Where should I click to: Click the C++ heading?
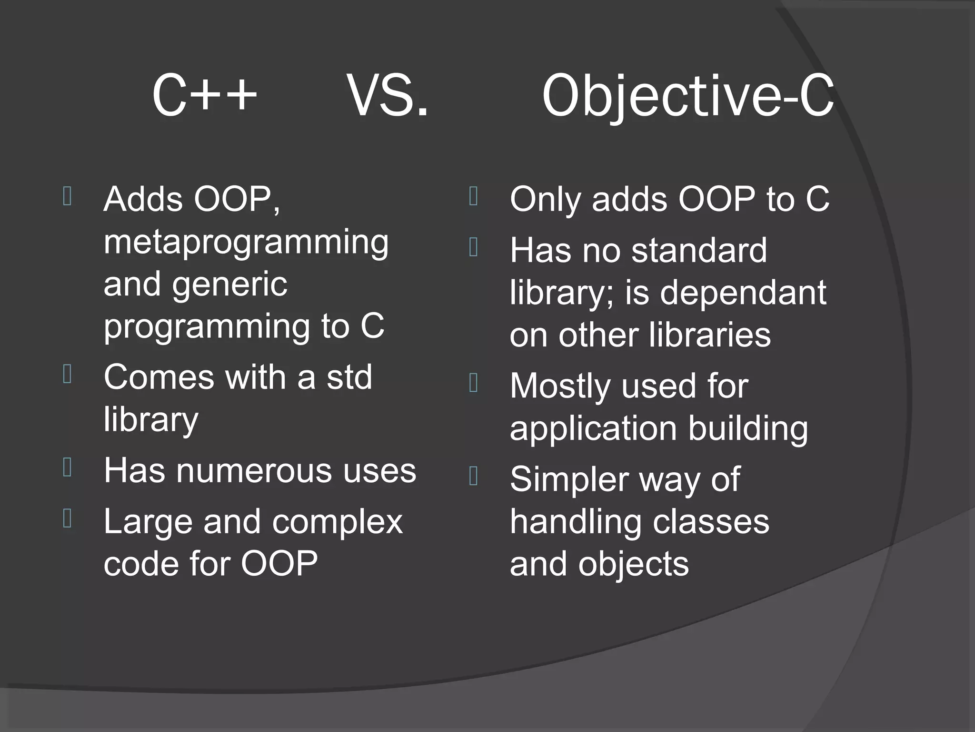tap(205, 95)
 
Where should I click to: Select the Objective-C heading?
tap(687, 97)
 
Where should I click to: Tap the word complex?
tap(337, 522)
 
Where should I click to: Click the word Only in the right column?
tap(546, 199)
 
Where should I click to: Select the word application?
tap(593, 428)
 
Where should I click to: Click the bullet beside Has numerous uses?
tap(67, 468)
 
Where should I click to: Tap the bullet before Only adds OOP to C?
tap(473, 196)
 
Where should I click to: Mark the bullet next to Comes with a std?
tap(67, 374)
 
